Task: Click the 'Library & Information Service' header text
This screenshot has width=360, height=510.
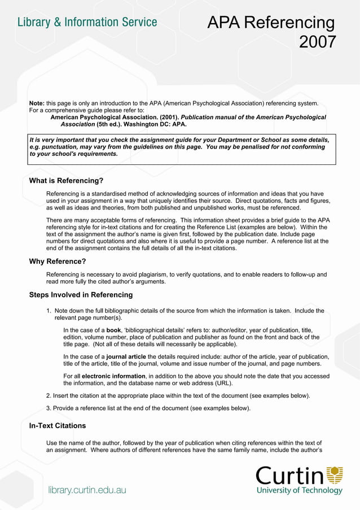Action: (87, 23)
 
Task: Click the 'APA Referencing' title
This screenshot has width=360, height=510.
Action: (271, 23)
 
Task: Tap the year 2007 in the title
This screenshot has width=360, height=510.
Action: (317, 42)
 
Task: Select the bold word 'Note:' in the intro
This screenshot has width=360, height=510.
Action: (37, 103)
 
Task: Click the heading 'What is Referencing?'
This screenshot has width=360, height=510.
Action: (66, 181)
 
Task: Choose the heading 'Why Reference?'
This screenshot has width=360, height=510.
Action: (57, 261)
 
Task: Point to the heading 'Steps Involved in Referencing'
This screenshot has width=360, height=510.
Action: (81, 295)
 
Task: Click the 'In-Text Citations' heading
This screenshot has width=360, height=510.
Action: (57, 425)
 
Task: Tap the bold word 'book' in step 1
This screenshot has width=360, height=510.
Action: (113, 330)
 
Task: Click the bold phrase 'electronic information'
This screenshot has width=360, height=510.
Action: (113, 376)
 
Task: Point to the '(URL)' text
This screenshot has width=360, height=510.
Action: (221, 383)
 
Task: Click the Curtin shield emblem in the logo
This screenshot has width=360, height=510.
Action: (335, 474)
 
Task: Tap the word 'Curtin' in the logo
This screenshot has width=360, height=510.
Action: (290, 476)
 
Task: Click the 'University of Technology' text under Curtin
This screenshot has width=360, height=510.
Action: (299, 491)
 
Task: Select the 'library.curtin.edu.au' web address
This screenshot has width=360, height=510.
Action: (87, 490)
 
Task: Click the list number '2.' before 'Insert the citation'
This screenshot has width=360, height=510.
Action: (49, 395)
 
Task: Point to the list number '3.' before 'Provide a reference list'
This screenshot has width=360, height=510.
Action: (49, 408)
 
